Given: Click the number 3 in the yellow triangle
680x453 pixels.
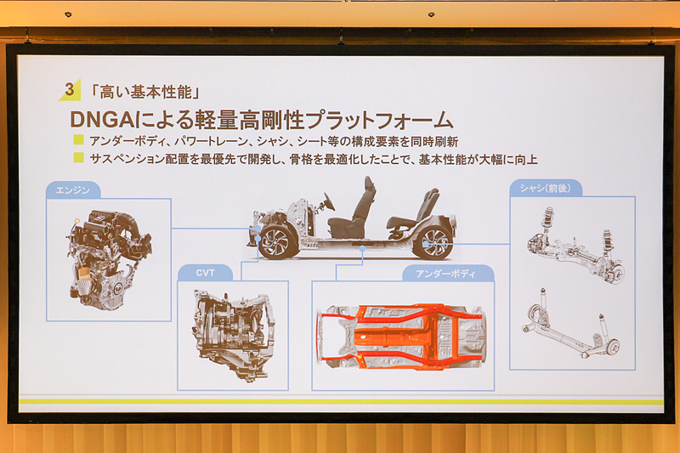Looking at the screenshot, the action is [70, 89].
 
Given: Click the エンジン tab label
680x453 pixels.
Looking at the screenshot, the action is [73, 190].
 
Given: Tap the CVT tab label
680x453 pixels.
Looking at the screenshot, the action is [205, 273].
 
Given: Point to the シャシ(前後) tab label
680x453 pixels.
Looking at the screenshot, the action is [545, 188].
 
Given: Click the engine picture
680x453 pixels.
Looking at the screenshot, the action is [109, 260].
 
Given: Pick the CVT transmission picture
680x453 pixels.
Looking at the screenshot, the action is [233, 335].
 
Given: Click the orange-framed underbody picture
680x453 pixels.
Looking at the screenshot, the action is [401, 337].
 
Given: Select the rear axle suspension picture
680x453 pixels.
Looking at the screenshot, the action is [571, 322].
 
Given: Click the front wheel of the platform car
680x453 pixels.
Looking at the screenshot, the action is [278, 242].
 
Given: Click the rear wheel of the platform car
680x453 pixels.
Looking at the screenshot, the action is [433, 242].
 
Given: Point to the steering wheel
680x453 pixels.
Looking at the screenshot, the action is [329, 202].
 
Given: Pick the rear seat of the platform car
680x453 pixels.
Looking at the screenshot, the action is [413, 213].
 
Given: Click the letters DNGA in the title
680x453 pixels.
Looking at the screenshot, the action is [103, 120].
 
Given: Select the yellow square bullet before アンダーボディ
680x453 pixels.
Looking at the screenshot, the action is [78, 139].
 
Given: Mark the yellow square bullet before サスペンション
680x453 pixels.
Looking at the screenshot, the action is [78, 157].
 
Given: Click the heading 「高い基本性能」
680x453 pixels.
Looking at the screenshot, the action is [144, 92].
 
